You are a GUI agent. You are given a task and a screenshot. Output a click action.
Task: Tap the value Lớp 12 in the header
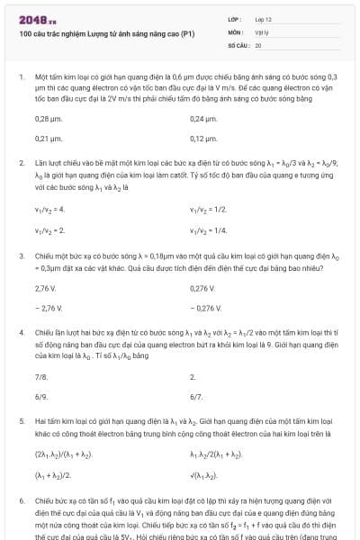(262, 18)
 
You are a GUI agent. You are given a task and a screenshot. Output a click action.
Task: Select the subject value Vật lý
(261, 31)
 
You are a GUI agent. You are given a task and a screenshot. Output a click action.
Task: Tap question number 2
(21, 163)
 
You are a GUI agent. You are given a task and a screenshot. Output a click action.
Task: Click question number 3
(21, 256)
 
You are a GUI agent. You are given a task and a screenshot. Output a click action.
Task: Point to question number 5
(21, 420)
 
